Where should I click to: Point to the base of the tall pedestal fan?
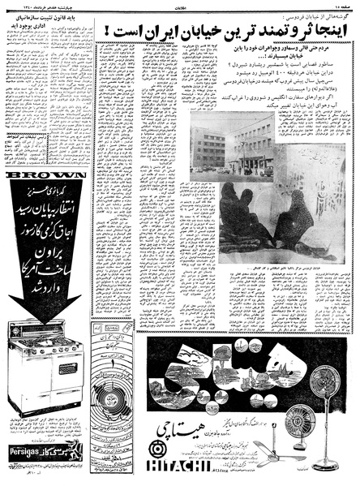pos(325,465)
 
